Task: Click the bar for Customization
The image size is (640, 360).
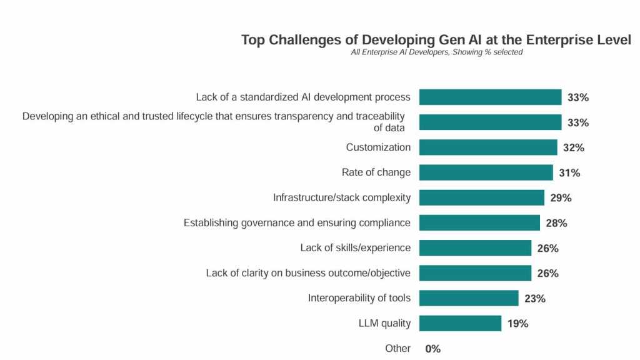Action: coord(488,147)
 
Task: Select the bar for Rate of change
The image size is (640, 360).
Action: coord(486,172)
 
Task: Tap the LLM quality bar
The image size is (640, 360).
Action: coord(460,323)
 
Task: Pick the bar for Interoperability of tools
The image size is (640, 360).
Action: coord(469,298)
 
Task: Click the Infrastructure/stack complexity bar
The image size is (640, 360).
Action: coord(481,197)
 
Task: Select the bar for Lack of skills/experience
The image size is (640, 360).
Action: coord(475,248)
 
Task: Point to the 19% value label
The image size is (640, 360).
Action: coord(518,324)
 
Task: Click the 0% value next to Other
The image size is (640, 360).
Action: coord(432,349)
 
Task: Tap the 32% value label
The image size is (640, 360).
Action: coord(574,148)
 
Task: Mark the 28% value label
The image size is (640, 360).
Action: coord(556,223)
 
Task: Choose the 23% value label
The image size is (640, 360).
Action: coord(535,299)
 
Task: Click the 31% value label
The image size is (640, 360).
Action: coord(569,173)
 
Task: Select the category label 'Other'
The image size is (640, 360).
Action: coord(397,348)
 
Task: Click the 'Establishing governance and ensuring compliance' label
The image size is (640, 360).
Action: coord(297,222)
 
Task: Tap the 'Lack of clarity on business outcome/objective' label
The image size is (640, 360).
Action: coord(308,273)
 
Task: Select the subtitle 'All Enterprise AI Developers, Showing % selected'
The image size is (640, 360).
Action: coord(436,52)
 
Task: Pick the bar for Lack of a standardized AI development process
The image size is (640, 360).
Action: coord(490,97)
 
